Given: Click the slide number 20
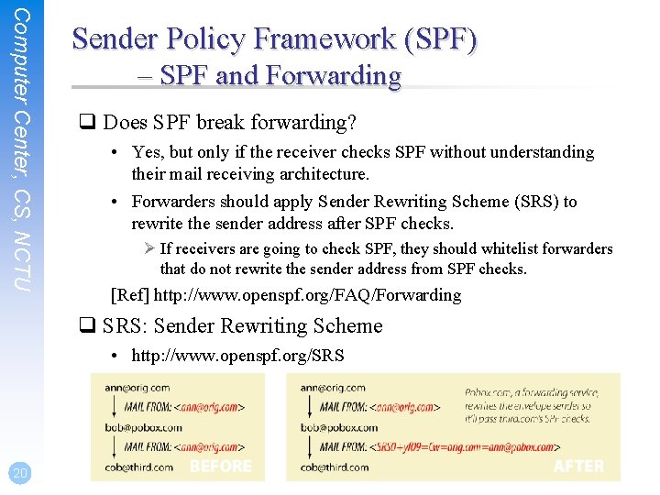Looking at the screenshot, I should click(17, 473).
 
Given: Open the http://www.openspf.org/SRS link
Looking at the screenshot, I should click(237, 355).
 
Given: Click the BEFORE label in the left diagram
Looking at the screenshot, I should click(220, 467).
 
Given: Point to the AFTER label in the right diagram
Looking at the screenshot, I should click(578, 467).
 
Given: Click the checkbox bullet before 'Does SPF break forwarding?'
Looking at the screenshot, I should click(92, 123).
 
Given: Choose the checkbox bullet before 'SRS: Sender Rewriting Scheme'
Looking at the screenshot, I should click(92, 326).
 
